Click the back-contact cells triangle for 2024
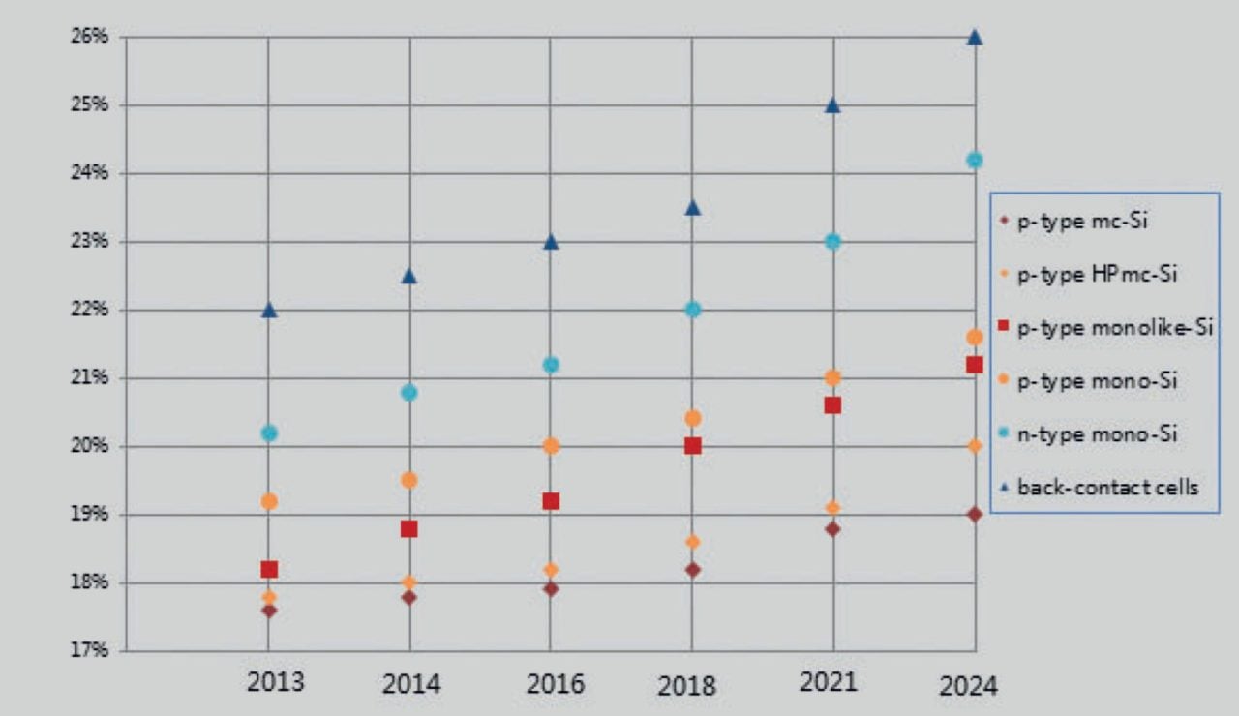975,37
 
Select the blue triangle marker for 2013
269,310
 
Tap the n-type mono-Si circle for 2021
832,241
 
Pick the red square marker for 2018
692,445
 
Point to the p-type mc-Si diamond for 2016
551,588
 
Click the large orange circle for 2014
409,480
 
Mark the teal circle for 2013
269,433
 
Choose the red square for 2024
975,365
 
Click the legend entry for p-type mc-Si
1074,223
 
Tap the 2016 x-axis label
556,685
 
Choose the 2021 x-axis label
829,682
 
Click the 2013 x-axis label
275,682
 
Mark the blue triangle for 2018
692,207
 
